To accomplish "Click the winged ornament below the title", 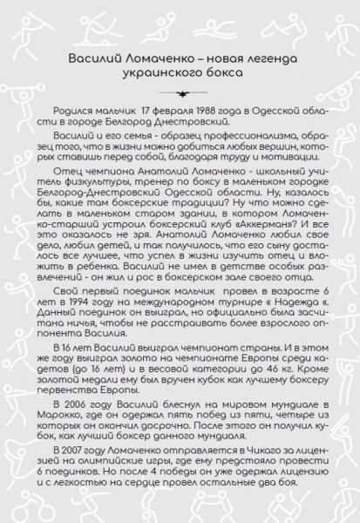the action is [180, 92].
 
